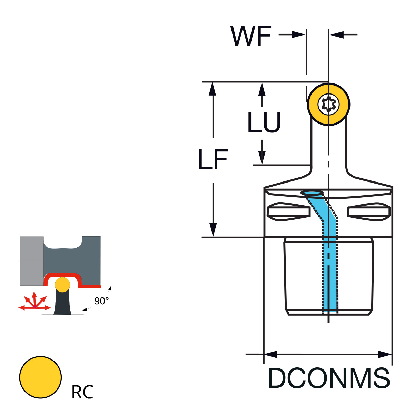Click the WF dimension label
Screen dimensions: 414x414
pos(251,36)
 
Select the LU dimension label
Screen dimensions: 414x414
pos(264,122)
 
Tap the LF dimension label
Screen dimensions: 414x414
pos(213,160)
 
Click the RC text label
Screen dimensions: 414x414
pos(82,392)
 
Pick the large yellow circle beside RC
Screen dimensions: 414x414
pos(41,377)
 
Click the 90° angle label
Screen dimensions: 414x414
pos(101,301)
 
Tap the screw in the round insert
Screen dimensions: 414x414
pos(328,104)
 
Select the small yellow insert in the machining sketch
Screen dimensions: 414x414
pos(62,284)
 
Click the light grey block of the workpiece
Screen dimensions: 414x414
pos(31,260)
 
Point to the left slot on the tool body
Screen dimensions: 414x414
pos(288,212)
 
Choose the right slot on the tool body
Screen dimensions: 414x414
pos(369,212)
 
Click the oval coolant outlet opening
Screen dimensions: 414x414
pos(312,193)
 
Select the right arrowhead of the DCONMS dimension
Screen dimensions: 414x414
pos(385,354)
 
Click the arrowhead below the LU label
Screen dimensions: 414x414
pos(262,158)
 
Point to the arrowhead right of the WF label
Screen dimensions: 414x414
pos(299,34)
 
